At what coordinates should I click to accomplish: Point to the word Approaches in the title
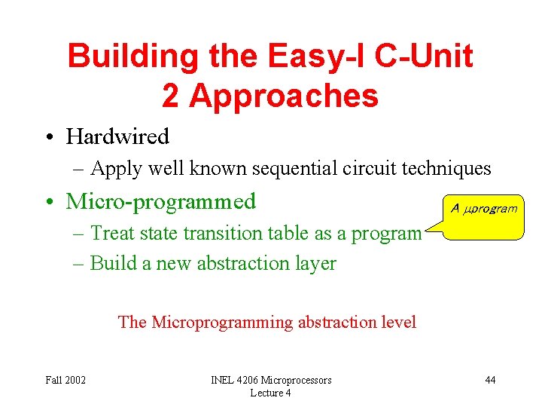284,97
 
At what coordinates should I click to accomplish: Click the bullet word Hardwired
117,136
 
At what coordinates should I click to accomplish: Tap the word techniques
449,169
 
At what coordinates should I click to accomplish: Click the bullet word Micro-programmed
161,201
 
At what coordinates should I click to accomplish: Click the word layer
317,264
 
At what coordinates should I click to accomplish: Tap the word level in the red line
398,323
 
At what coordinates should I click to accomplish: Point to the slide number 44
490,380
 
